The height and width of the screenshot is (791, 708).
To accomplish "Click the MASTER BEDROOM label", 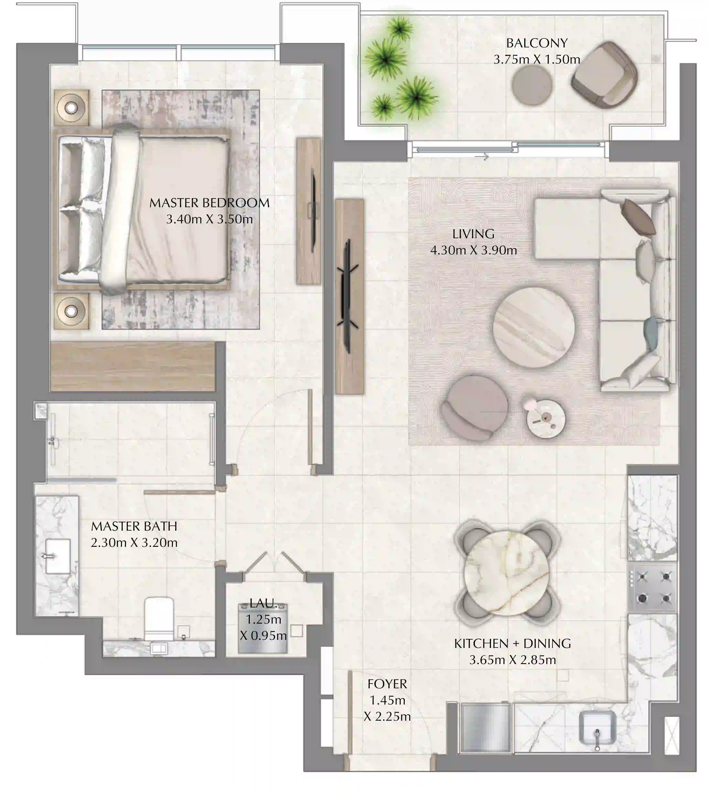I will [209, 203].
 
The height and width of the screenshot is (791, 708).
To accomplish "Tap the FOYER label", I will [387, 684].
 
